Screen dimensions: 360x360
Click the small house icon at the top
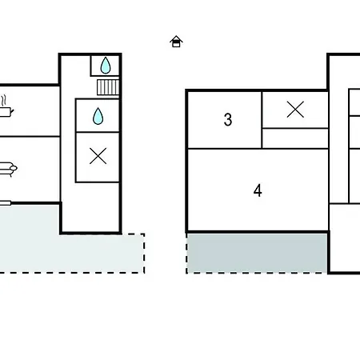[x=176, y=42]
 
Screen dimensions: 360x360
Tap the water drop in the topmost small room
[x=106, y=66]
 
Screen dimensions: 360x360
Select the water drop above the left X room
[x=98, y=116]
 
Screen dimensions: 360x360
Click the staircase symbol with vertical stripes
[x=108, y=87]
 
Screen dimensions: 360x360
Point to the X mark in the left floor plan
[x=98, y=156]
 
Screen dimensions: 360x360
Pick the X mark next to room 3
[x=295, y=110]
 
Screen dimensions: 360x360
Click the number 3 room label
[x=228, y=120]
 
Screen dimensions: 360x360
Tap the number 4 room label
[x=258, y=190]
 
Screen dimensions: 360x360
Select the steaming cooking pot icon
[x=6, y=108]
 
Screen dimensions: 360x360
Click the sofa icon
[x=8, y=169]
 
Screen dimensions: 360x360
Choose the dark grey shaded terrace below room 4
[x=257, y=253]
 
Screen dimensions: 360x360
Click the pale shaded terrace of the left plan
[x=72, y=254]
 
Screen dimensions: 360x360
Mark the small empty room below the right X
[x=295, y=138]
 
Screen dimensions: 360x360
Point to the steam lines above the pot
[x=4, y=101]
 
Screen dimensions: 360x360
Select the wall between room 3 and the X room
[x=262, y=120]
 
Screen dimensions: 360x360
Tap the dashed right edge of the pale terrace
[x=144, y=254]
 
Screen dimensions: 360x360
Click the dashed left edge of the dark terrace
[x=186, y=254]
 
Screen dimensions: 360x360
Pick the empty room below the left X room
[x=90, y=207]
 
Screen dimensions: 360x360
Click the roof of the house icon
[x=176, y=38]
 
